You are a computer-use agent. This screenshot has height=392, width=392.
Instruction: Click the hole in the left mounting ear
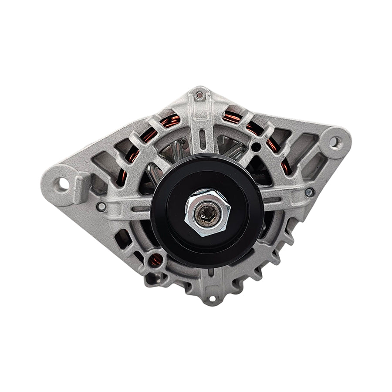tap(64, 184)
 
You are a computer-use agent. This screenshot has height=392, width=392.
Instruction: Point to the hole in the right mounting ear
tap(335, 142)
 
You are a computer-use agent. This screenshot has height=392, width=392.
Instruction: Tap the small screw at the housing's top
tap(199, 95)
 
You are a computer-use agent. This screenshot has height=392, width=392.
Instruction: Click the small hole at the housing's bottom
tap(212, 299)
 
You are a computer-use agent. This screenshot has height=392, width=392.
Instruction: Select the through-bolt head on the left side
tap(101, 206)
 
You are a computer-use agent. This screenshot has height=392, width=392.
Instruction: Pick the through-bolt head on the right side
tap(308, 192)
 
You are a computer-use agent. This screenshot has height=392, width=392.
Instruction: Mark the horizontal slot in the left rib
tap(142, 209)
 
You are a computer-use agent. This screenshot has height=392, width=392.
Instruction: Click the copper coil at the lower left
tap(155, 260)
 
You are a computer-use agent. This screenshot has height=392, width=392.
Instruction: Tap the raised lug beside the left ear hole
tap(81, 187)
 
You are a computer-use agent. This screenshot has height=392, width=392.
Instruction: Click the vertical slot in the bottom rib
tap(211, 273)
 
